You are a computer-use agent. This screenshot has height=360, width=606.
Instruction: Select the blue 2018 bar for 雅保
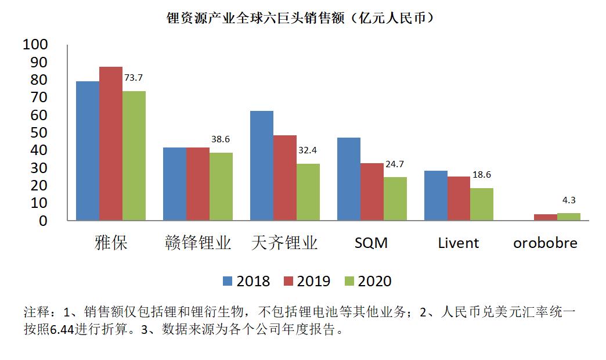(88, 151)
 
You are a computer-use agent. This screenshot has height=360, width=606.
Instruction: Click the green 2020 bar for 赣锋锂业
(221, 186)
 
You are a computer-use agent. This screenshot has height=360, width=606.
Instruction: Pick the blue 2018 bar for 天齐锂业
(262, 165)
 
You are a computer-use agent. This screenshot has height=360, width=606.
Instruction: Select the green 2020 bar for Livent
(482, 204)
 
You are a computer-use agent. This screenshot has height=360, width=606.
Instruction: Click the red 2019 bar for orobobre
(546, 217)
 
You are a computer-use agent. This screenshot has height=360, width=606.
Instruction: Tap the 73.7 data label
(134, 77)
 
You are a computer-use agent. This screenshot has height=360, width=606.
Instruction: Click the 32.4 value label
(308, 150)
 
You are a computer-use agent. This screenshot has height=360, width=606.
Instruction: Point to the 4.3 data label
(569, 200)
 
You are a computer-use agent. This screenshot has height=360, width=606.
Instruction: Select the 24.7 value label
(394, 164)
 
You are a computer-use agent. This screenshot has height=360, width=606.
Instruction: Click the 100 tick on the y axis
(37, 45)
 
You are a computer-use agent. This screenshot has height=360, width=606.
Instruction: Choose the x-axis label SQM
(371, 243)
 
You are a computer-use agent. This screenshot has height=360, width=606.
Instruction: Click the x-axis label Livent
(459, 243)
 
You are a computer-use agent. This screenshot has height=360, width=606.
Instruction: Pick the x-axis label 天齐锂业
(285, 243)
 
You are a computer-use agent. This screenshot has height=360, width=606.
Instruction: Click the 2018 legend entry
(247, 281)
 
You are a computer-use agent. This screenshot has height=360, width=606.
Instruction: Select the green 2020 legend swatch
(349, 281)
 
